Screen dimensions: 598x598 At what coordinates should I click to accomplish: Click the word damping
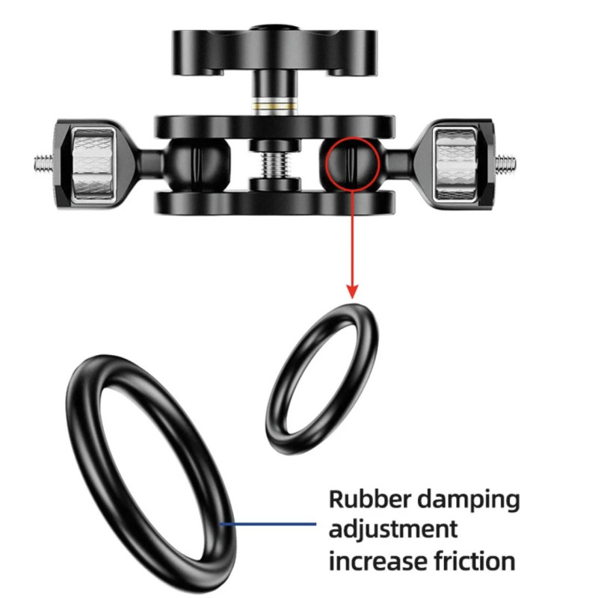pos(469,501)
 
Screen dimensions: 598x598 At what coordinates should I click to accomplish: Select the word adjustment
pos(393,531)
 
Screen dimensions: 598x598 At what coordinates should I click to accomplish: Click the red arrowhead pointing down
pos(353,291)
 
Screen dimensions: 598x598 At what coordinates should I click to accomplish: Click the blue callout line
pos(268,524)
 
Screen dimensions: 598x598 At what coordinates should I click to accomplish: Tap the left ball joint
pos(198,164)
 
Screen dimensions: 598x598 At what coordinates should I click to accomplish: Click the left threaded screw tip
pos(43,164)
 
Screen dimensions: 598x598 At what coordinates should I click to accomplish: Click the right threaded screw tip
pos(507,163)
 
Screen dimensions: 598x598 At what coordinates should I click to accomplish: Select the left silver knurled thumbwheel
pos(93,164)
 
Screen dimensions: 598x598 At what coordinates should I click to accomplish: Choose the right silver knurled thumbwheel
pos(456,164)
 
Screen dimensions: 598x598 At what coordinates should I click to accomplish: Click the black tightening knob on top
pos(274,52)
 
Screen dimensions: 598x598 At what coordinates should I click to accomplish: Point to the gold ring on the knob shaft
pos(274,103)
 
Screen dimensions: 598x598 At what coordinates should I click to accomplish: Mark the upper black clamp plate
pos(274,127)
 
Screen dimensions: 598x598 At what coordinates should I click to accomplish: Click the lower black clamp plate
pos(274,202)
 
